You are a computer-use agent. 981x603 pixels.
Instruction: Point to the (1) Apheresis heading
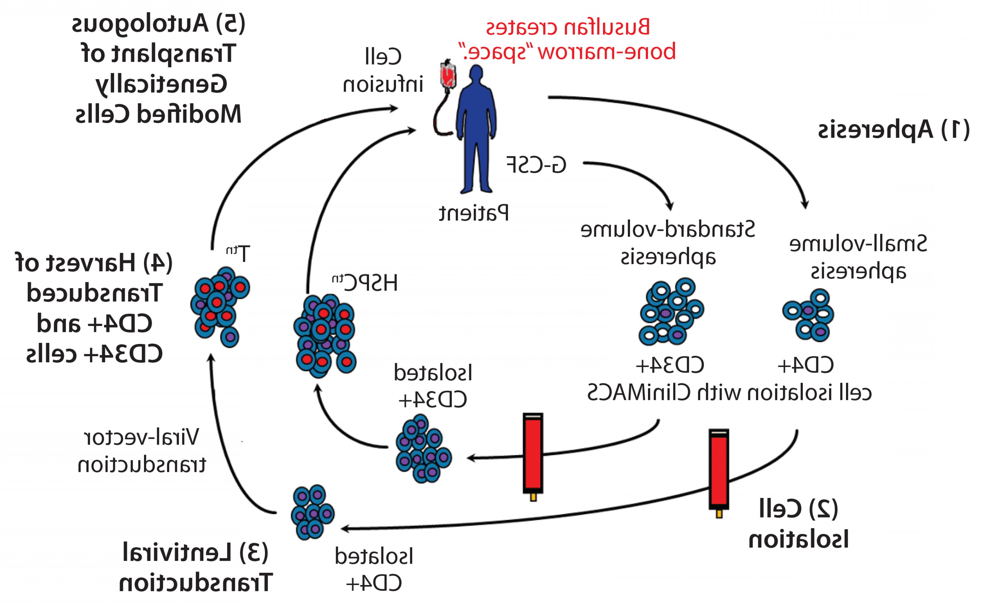[x=894, y=130]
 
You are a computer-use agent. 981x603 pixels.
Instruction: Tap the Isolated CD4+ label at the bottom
[x=374, y=570]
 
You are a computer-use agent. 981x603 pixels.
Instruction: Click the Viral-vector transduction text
[x=142, y=451]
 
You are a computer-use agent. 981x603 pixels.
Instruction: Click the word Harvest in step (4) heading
[x=92, y=263]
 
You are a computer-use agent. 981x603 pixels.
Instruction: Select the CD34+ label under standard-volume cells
[x=670, y=365]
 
